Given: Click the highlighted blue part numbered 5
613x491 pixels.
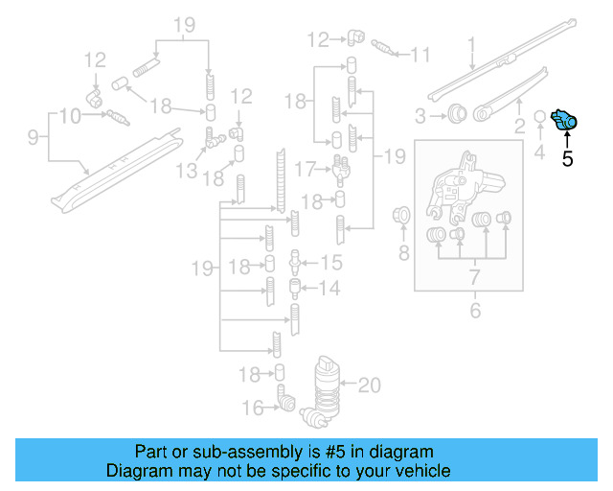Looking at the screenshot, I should click(x=566, y=121).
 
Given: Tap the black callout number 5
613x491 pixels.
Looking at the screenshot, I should click(x=567, y=159).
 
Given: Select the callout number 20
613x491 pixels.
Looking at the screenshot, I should click(x=369, y=386).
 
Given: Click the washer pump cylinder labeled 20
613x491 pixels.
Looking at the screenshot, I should click(x=327, y=386).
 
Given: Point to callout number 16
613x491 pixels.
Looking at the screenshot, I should click(x=252, y=408).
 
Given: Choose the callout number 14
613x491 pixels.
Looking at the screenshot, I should click(x=330, y=287).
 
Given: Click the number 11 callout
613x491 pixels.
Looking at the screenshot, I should click(x=420, y=55).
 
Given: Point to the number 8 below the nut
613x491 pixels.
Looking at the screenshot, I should click(x=403, y=253).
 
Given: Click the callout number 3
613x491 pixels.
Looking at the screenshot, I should click(x=420, y=116).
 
